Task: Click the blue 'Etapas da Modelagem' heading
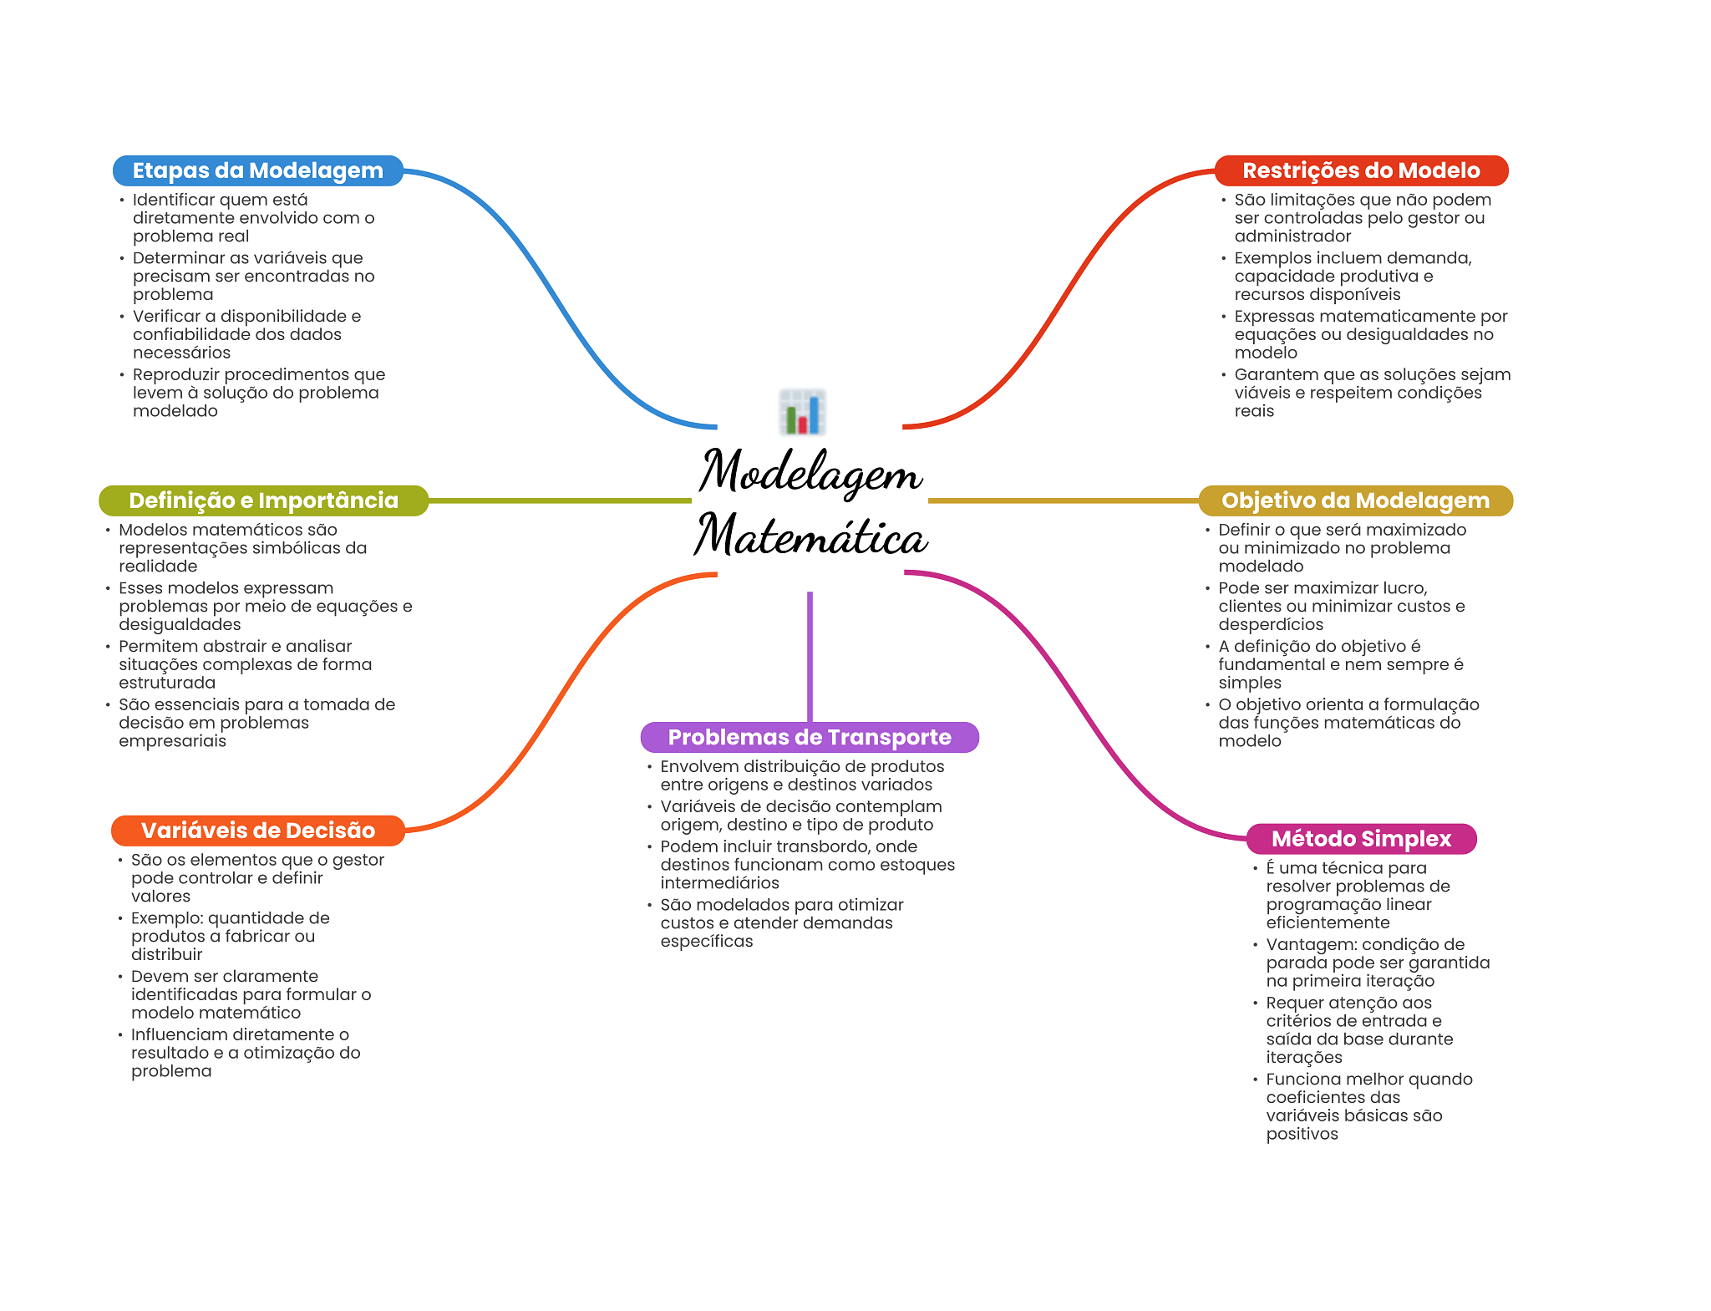tap(258, 170)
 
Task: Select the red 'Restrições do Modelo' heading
tap(1361, 170)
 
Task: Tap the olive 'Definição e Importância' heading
tap(263, 501)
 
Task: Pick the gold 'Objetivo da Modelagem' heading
tap(1355, 501)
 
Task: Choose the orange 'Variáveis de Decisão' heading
tap(258, 831)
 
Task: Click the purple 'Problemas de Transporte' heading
tap(810, 737)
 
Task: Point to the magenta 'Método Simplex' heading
tap(1361, 839)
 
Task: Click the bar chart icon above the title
tap(802, 412)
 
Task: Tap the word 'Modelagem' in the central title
tap(810, 472)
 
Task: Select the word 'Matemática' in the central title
tap(811, 535)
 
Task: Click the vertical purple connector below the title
tap(810, 657)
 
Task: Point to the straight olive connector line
tap(560, 501)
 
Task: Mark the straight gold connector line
tap(1064, 501)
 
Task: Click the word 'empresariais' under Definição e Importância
tap(172, 741)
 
